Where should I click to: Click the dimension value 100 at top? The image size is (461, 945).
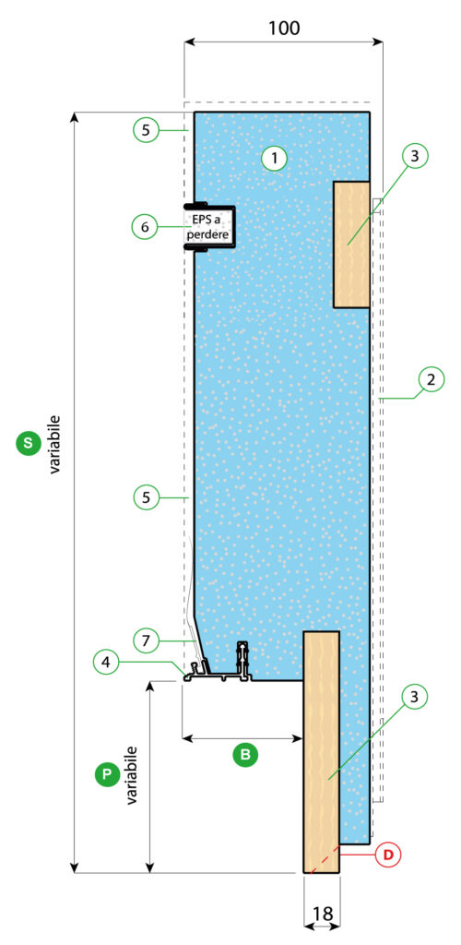tap(284, 28)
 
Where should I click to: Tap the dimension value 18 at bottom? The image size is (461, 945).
tap(323, 914)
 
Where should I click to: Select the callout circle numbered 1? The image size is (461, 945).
tap(275, 159)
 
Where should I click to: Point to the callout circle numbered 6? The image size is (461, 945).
tap(145, 227)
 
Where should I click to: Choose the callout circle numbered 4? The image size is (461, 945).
tap(106, 662)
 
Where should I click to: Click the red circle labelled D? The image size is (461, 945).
tap(388, 854)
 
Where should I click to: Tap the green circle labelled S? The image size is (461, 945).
tap(27, 443)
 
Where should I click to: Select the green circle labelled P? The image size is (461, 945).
tap(107, 774)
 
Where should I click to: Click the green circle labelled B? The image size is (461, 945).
tap(245, 754)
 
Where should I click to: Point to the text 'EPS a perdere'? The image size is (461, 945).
tap(209, 227)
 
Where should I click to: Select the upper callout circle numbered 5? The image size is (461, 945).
tap(147, 129)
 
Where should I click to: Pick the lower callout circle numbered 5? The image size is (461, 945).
tap(147, 497)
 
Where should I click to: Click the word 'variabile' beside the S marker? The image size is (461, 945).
tap(55, 444)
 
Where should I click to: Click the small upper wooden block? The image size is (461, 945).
tap(351, 245)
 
